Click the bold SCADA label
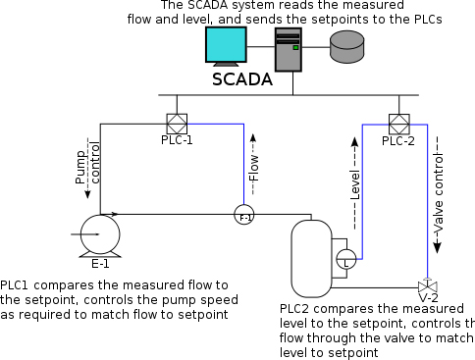pos(242,79)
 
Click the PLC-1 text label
pos(177,140)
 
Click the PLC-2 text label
pos(398,140)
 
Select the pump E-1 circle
pos(100,233)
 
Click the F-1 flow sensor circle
pos(244,216)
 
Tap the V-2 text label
pos(428,296)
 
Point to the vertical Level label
pos(355,183)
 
